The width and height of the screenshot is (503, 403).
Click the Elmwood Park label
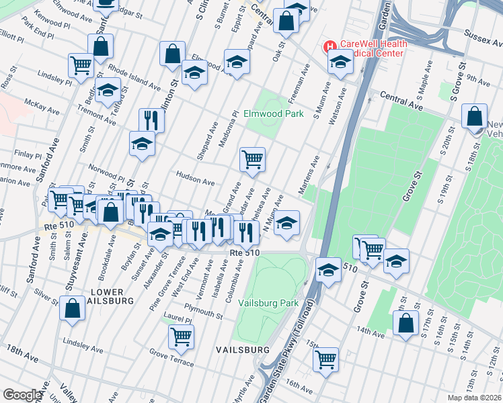click(x=274, y=114)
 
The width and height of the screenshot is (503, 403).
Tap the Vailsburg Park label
click(x=268, y=303)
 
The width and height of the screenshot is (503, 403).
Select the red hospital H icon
click(x=330, y=46)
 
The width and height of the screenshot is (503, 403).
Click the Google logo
click(x=22, y=395)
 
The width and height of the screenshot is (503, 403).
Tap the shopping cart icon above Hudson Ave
click(x=252, y=159)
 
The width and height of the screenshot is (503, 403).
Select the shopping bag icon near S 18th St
click(x=475, y=116)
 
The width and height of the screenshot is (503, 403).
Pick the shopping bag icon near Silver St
click(x=72, y=308)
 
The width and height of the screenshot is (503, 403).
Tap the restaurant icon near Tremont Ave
click(x=151, y=120)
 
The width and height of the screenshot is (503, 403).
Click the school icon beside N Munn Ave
click(x=286, y=222)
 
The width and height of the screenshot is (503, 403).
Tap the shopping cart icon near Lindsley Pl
click(x=81, y=65)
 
